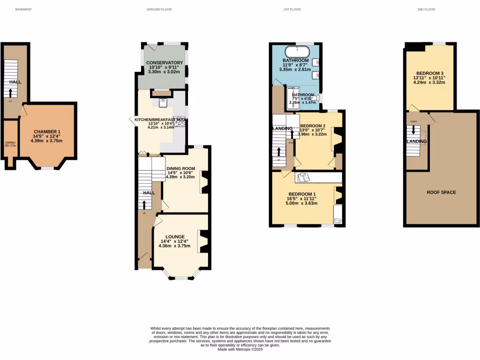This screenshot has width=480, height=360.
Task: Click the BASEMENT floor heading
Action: coord(23,9)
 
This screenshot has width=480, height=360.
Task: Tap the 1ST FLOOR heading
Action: coord(292,9)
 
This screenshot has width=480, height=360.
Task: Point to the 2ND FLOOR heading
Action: coord(426,9)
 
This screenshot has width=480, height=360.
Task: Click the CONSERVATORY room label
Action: coord(164,63)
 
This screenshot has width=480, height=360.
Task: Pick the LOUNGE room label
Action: coord(175,237)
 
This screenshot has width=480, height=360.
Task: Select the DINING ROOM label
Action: coord(181,169)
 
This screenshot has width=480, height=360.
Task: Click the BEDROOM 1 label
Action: coord(302,195)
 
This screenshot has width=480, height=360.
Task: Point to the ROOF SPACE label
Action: coord(441,192)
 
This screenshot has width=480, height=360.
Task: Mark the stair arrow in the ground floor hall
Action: coord(143,205)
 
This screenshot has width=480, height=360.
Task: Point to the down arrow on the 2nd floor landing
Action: coord(413,129)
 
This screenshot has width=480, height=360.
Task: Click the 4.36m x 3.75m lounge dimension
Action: coord(175,246)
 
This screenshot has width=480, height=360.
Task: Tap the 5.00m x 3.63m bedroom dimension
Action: coord(302,203)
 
